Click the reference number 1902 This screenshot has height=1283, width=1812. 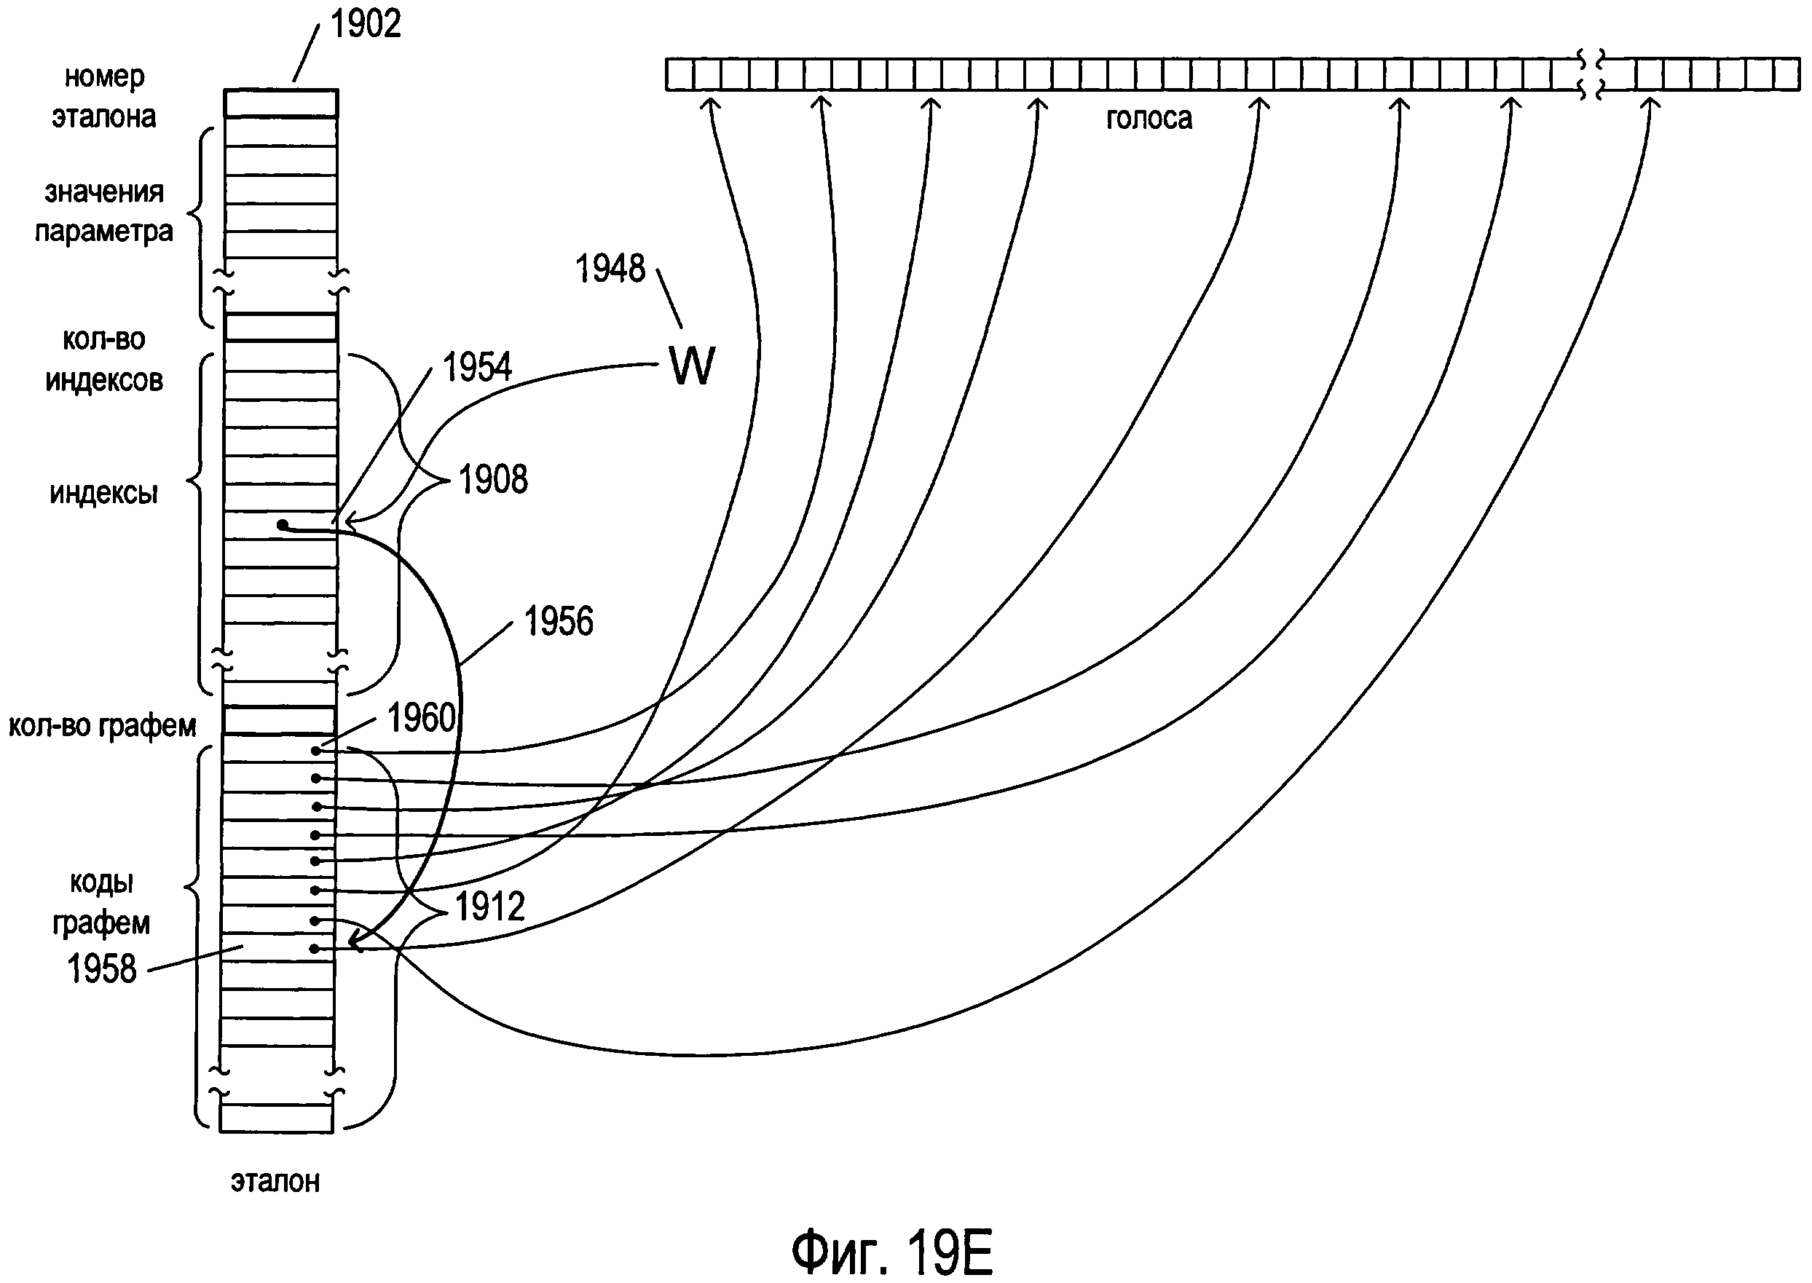[365, 24]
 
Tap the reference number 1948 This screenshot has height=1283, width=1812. [610, 269]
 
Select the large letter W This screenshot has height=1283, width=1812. [692, 366]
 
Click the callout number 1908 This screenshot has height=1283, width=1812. [493, 480]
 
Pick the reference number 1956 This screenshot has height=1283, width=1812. [559, 622]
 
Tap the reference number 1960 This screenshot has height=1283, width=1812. [422, 718]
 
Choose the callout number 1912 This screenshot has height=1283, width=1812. [490, 906]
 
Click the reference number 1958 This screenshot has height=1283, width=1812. [102, 968]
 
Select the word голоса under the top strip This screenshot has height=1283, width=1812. [1149, 119]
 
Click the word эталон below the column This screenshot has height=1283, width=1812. [276, 1182]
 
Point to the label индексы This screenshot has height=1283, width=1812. [103, 494]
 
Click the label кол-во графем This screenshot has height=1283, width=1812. [103, 726]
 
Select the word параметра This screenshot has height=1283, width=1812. [103, 232]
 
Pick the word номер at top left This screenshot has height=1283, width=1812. [104, 76]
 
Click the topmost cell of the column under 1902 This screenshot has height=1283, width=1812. [280, 103]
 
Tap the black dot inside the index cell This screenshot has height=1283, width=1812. [282, 524]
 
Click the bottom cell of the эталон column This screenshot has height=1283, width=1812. [277, 1118]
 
